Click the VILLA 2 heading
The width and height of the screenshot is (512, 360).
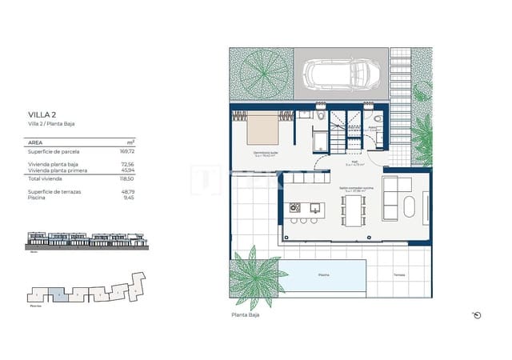click(x=41, y=115)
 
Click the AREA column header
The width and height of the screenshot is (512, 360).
click(x=35, y=142)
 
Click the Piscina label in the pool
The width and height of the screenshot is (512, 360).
click(x=323, y=274)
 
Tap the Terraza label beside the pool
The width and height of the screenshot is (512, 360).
click(x=398, y=274)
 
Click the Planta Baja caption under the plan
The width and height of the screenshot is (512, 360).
click(x=245, y=315)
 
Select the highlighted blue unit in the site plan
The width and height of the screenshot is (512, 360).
click(x=58, y=294)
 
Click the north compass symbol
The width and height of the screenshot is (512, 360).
click(x=477, y=314)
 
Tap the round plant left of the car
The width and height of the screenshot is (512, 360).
click(x=262, y=75)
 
